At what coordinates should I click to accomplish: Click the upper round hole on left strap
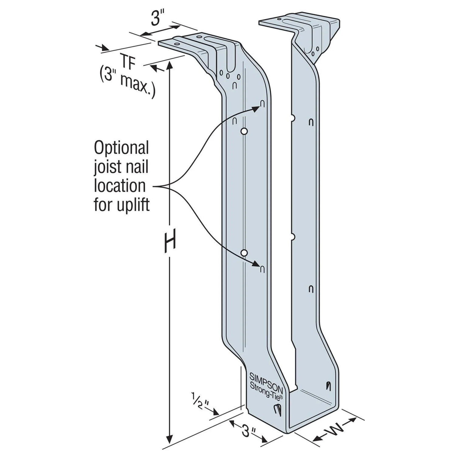click(x=244, y=131)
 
